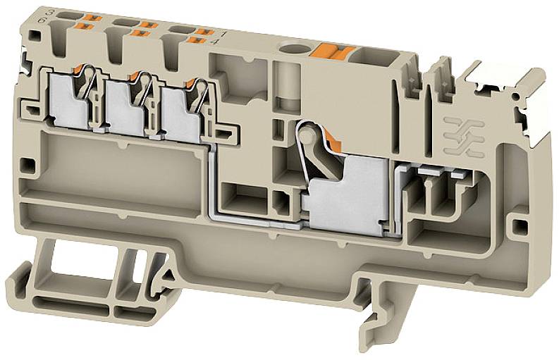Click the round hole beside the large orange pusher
click(289, 50)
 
